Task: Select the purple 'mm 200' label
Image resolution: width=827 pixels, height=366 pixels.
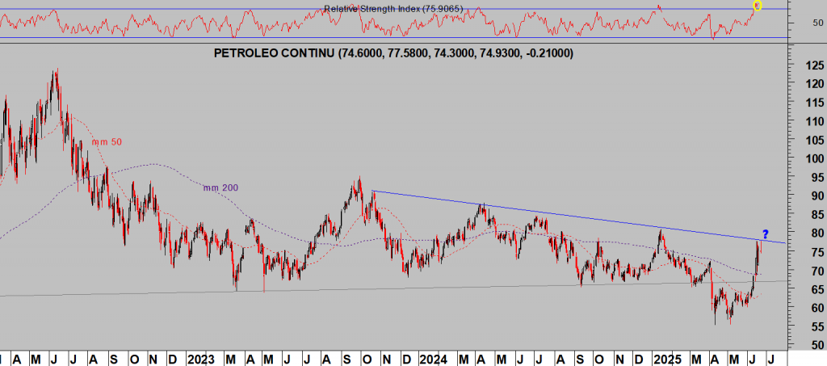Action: pos(220,188)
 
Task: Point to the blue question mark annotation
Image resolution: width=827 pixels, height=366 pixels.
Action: pos(765,234)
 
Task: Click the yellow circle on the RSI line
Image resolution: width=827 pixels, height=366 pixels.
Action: pos(757,6)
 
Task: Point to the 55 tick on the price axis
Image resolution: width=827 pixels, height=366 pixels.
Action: pos(797,326)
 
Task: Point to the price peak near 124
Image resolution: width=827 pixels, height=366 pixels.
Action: pos(55,71)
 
